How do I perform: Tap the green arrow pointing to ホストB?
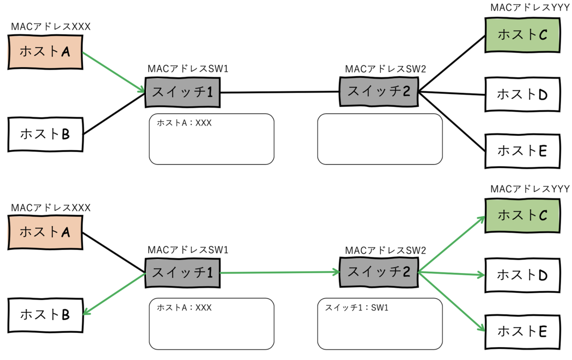click(x=114, y=293)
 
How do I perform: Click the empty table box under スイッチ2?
click(x=380, y=139)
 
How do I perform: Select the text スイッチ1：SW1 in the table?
click(x=357, y=308)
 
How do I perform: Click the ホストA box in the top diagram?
click(x=45, y=52)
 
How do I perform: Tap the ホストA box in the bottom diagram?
click(x=45, y=232)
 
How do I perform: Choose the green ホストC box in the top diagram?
click(x=522, y=34)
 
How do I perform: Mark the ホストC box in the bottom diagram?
click(x=522, y=215)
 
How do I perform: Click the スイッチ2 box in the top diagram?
click(x=378, y=91)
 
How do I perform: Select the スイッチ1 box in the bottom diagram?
click(x=182, y=273)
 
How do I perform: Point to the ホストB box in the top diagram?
click(x=45, y=134)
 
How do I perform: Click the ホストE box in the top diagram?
click(x=522, y=151)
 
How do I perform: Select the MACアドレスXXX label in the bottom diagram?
click(x=51, y=208)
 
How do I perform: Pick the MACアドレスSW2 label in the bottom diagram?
click(x=385, y=250)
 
